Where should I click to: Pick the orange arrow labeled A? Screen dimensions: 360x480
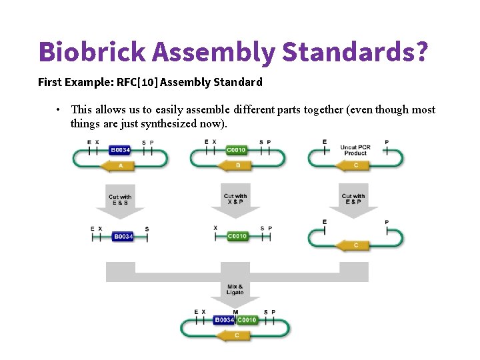pyautogui.click(x=120, y=165)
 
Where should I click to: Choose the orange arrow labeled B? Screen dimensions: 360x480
pyautogui.click(x=237, y=165)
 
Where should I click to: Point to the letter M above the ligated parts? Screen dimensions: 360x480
pyautogui.click(x=235, y=312)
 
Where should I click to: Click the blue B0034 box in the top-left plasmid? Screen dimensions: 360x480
pyautogui.click(x=120, y=150)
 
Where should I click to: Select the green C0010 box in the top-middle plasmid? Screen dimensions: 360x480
pyautogui.click(x=236, y=150)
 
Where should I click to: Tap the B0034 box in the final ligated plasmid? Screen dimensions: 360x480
pyautogui.click(x=224, y=321)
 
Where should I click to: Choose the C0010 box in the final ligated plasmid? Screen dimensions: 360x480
pyautogui.click(x=247, y=321)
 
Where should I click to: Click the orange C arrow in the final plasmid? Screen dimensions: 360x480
pyautogui.click(x=236, y=335)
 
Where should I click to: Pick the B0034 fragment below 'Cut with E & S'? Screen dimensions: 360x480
pyautogui.click(x=123, y=236)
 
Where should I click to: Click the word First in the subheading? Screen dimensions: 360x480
pyautogui.click(x=49, y=83)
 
